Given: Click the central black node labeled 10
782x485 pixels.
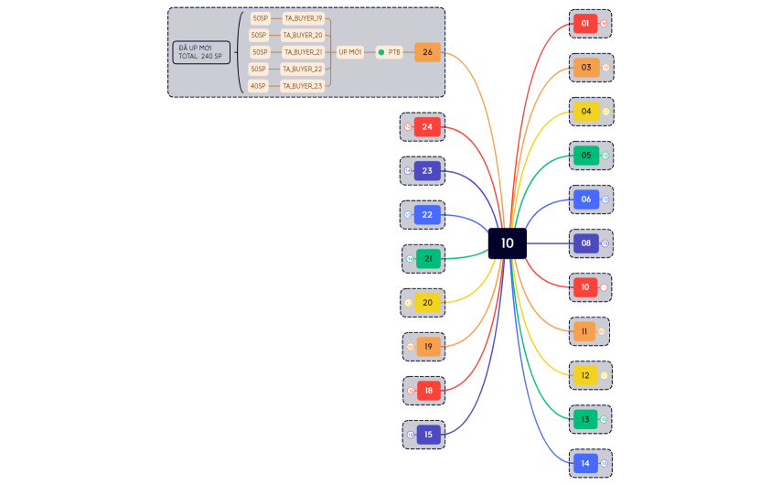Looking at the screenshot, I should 507,243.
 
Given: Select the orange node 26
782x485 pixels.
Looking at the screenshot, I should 427,52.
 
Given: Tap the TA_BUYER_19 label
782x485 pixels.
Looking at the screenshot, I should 303,18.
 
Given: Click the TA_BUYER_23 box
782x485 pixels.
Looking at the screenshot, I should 303,86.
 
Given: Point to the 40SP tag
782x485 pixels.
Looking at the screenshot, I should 260,86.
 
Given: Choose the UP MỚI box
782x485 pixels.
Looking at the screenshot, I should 350,52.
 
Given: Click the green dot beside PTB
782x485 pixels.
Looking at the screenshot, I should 380,52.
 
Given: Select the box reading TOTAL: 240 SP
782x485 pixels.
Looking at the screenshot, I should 200,53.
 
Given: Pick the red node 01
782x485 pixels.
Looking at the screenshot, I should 584,24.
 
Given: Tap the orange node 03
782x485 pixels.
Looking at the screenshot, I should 586,68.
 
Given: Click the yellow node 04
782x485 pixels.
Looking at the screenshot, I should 586,112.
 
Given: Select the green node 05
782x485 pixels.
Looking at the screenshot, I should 586,156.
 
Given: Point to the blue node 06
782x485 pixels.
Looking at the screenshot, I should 586,199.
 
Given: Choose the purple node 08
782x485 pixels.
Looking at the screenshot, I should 586,243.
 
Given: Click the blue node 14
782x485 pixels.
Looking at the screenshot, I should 585,464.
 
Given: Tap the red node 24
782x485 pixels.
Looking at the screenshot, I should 427,126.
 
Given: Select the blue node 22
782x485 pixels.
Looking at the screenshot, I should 427,215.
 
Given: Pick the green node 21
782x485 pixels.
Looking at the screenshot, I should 428,259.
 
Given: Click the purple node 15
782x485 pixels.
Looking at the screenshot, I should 428,435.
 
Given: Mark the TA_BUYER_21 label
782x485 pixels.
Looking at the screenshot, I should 303,52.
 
